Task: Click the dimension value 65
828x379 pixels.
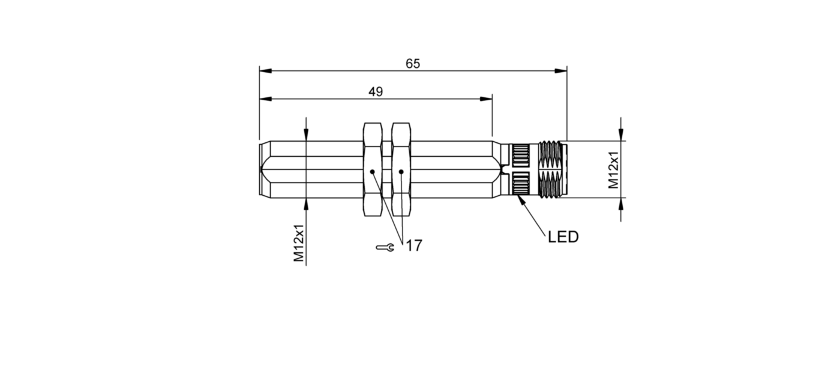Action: tap(413, 64)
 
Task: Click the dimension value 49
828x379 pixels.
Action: tap(376, 92)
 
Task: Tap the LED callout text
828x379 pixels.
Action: tap(563, 237)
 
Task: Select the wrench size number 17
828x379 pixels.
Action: tap(414, 246)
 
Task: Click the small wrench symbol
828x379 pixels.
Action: tap(385, 247)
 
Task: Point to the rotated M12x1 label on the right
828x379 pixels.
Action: tap(613, 170)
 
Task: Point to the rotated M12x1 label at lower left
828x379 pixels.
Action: tap(298, 243)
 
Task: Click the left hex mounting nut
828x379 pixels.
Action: tap(373, 169)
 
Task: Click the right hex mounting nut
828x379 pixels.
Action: tap(401, 169)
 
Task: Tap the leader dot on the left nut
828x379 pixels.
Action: tap(372, 171)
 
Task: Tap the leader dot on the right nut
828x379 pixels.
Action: tap(401, 171)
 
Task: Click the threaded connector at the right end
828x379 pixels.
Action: tap(552, 169)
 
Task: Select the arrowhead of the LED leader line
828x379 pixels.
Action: tap(521, 199)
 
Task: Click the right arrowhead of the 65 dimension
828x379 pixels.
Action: tap(561, 71)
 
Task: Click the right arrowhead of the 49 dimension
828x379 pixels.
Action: tap(486, 99)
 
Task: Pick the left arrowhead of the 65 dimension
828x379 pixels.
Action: tap(265, 71)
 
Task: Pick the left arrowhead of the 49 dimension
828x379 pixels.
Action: tap(265, 99)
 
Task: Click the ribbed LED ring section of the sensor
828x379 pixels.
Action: tap(520, 169)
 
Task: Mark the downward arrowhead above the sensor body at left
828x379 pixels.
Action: tap(306, 135)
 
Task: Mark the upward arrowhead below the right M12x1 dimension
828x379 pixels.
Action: tap(621, 204)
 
